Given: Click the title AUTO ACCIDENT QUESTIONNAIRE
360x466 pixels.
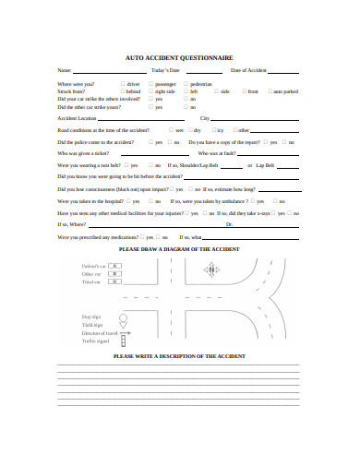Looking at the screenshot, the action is (x=179, y=56).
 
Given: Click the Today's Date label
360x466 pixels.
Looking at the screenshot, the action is (x=165, y=70).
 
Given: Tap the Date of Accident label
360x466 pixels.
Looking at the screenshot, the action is (x=248, y=70).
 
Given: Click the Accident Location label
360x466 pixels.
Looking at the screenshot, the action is (x=77, y=119).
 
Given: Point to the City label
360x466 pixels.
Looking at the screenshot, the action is (x=204, y=119).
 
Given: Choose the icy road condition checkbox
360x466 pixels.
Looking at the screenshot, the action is (x=211, y=130).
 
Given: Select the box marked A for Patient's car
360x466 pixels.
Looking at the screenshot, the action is (x=115, y=266).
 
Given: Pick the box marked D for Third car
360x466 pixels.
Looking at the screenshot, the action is (x=115, y=281).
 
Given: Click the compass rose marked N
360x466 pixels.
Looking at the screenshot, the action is (x=211, y=271).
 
